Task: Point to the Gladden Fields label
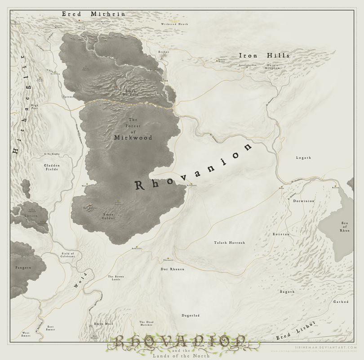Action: click(52, 167)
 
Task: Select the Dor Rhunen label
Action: click(172, 269)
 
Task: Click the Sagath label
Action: click(287, 292)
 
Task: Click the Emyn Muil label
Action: click(101, 324)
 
